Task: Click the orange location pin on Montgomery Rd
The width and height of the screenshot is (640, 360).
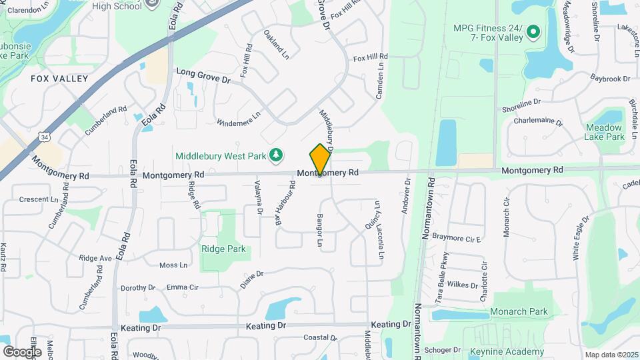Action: point(321,159)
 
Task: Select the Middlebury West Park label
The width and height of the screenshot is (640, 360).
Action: point(221,155)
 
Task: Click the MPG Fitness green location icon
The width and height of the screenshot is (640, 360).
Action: point(533,31)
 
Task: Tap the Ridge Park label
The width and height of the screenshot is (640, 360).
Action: point(223,249)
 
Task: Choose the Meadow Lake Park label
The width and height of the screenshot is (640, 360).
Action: point(604,132)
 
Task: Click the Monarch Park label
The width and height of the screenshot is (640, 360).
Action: point(519,311)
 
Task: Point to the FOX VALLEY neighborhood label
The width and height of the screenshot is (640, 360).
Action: point(59,79)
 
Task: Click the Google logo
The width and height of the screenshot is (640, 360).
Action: point(22,351)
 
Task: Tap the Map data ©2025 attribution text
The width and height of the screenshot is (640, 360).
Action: point(610,355)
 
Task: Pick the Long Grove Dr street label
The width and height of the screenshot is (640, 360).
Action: point(203,75)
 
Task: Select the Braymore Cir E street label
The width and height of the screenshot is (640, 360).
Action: point(457,237)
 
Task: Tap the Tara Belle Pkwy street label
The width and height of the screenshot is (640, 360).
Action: point(442,278)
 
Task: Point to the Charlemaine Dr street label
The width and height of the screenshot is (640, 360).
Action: point(538,123)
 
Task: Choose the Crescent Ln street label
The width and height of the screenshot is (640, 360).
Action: point(39,199)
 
